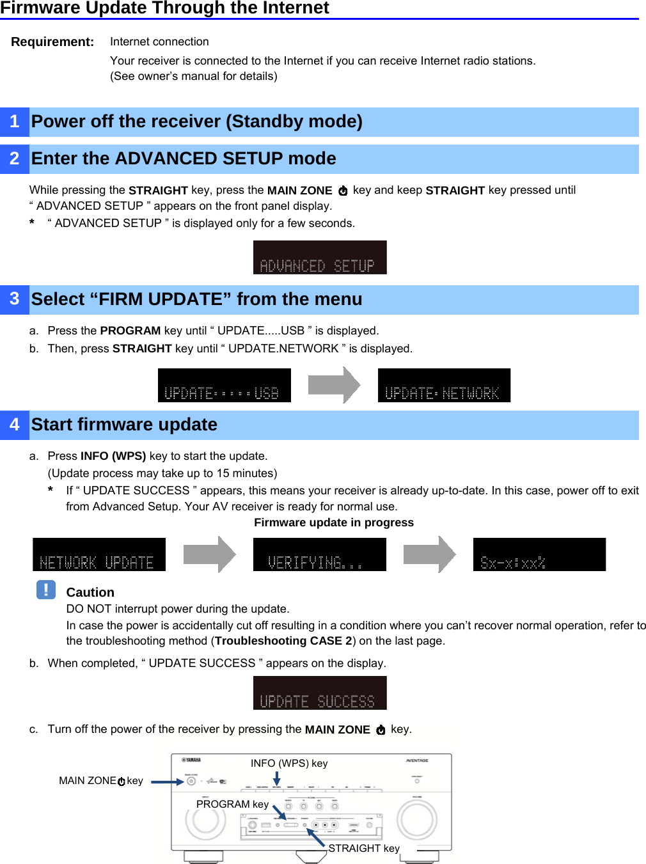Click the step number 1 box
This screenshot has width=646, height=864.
click(15, 122)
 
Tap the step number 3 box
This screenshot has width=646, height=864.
click(15, 299)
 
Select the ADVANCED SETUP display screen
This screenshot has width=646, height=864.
click(320, 257)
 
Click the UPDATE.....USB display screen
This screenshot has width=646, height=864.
click(224, 385)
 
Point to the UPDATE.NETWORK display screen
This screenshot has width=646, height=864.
click(444, 385)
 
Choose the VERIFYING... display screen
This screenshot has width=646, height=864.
click(319, 554)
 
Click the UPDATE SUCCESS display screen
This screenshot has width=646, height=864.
click(320, 693)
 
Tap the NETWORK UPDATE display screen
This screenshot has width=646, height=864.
click(99, 554)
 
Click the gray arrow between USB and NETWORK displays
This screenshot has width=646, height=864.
click(334, 385)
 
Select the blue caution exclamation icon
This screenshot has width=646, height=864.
click(46, 589)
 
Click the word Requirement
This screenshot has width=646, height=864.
click(52, 42)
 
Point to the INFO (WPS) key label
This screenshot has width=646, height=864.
click(289, 763)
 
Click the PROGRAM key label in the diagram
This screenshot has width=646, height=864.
click(232, 804)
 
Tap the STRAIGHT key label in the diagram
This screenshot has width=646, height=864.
click(364, 848)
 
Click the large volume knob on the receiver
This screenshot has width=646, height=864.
click(416, 819)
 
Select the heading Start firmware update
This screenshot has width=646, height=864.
click(124, 425)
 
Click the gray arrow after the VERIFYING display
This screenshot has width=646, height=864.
click(429, 554)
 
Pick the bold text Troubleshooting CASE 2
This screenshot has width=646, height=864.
click(283, 641)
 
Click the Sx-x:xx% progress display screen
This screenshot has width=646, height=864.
click(539, 554)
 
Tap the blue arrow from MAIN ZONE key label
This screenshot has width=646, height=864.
click(167, 782)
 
